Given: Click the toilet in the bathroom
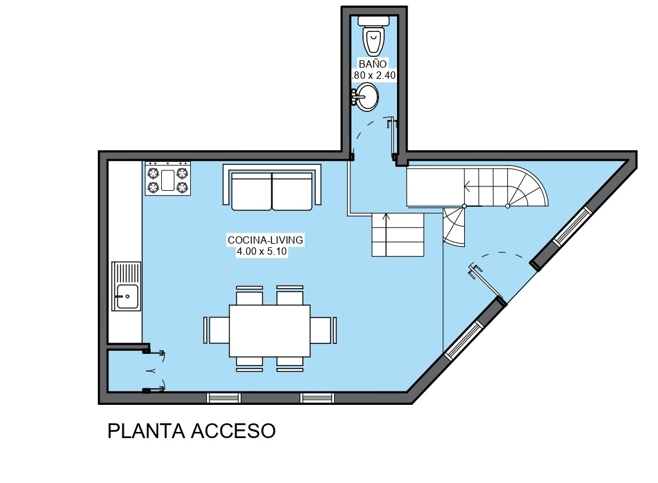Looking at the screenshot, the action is coord(374,36).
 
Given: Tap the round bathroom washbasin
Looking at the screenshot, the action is coord(366,97).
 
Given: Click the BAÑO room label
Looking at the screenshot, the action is coord(372,64).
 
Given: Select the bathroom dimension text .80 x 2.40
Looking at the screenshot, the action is coord(374,76).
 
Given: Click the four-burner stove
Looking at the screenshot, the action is coord(168,178).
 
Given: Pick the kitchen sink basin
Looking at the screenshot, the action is coord(127,296).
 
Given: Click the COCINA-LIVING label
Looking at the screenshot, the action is coord(265,240).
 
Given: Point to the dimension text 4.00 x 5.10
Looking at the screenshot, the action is coord(262,252).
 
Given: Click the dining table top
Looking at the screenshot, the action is coord(270,330).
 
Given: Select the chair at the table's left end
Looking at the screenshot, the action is coord(217,330).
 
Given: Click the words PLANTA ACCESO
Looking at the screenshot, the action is coord(191,431).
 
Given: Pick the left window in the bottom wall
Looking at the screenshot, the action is coord(223,398).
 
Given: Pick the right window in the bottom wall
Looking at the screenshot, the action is coord(317,398).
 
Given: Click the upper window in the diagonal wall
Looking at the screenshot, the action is coord(572,226).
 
